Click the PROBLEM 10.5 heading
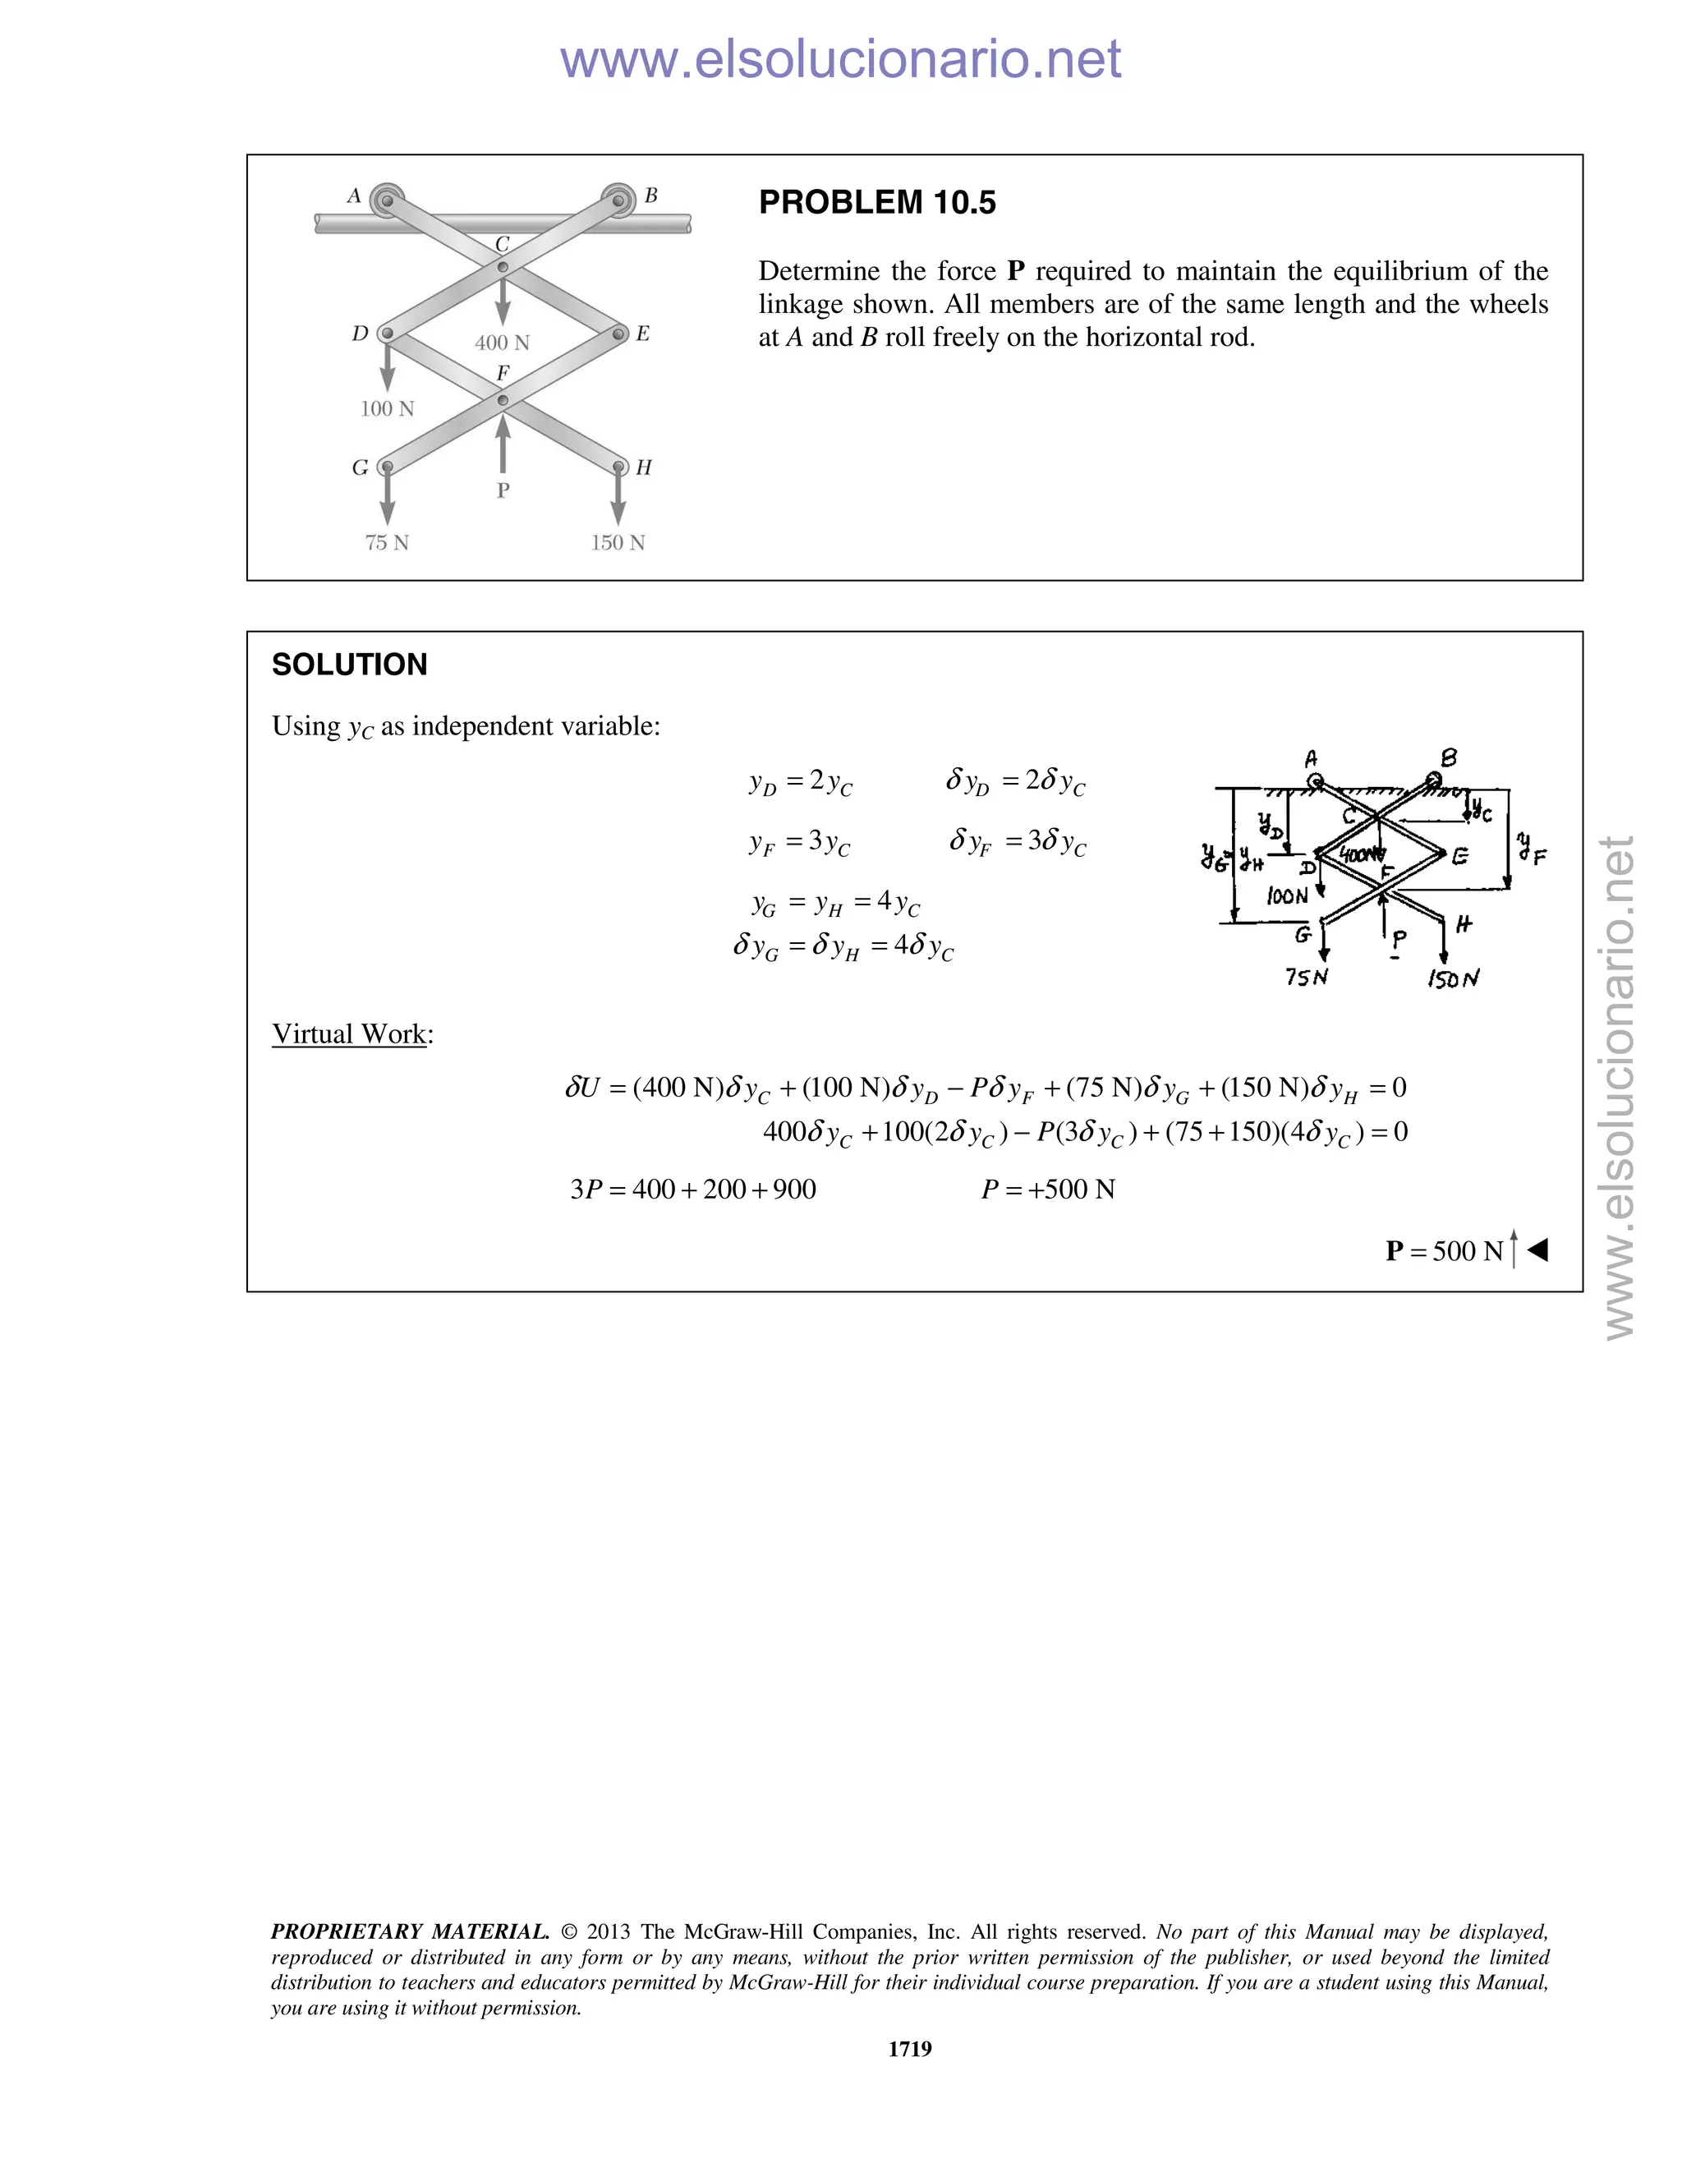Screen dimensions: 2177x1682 pyautogui.click(x=877, y=202)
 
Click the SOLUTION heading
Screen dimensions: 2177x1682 pyautogui.click(x=349, y=665)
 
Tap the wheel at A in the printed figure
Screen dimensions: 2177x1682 pyautogui.click(x=386, y=200)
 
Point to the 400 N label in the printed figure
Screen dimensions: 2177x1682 pyautogui.click(x=502, y=343)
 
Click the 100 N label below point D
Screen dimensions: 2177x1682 pyautogui.click(x=387, y=408)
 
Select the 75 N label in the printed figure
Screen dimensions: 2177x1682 pyautogui.click(x=387, y=543)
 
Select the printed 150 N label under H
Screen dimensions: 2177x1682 pyautogui.click(x=618, y=543)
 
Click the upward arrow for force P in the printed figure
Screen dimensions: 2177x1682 pyautogui.click(x=502, y=443)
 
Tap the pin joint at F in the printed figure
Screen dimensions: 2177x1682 pyautogui.click(x=502, y=401)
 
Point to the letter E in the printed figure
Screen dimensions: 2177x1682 pyautogui.click(x=643, y=334)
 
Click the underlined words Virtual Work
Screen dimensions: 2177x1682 pyautogui.click(x=349, y=1033)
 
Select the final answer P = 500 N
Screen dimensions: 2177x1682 pyautogui.click(x=1444, y=1251)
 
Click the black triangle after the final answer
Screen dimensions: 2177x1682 pyautogui.click(x=1537, y=1250)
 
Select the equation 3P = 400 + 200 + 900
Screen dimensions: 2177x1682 pyautogui.click(x=692, y=1190)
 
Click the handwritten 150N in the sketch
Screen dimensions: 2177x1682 pyautogui.click(x=1453, y=979)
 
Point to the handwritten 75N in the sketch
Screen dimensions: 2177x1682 pyautogui.click(x=1307, y=977)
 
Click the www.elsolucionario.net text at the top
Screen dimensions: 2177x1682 pyautogui.click(x=840, y=59)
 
